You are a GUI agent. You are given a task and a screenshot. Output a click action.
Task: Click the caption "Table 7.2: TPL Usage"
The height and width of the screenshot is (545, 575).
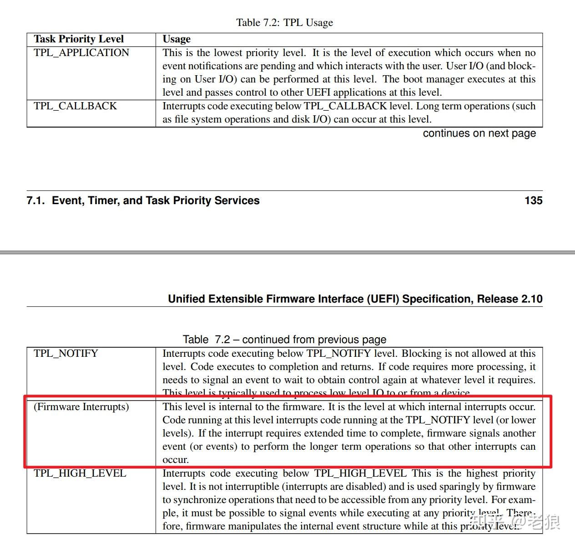pos(284,22)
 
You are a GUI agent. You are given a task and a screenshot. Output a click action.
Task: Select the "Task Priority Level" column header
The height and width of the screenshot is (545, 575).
pos(79,39)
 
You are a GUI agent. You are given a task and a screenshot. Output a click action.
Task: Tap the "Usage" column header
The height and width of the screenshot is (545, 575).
pos(177,39)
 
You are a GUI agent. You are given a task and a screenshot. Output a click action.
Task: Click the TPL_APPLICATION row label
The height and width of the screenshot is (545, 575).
pos(81,53)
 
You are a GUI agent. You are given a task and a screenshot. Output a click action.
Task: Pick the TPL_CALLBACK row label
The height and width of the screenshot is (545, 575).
pos(75,106)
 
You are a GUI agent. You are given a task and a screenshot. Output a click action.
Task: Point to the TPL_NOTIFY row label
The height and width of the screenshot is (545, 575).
pos(66,354)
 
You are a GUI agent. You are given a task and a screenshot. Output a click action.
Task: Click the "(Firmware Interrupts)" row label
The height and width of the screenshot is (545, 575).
pos(81,407)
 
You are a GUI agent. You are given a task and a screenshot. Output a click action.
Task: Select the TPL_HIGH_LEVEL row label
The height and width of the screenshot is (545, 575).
pos(80,473)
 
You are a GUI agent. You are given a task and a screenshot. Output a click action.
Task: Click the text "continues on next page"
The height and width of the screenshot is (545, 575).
pos(479,134)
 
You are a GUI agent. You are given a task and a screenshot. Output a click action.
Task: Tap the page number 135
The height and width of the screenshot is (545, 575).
pos(533,201)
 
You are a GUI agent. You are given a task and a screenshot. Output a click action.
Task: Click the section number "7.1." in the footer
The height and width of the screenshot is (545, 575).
pos(36,201)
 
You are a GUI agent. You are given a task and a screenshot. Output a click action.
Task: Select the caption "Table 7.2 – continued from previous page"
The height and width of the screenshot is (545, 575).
pos(284,339)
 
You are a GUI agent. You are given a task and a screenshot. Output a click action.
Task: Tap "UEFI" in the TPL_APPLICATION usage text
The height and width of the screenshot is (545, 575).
pos(318,93)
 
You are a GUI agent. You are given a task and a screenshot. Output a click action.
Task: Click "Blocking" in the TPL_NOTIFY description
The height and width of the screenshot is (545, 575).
pos(422,354)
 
